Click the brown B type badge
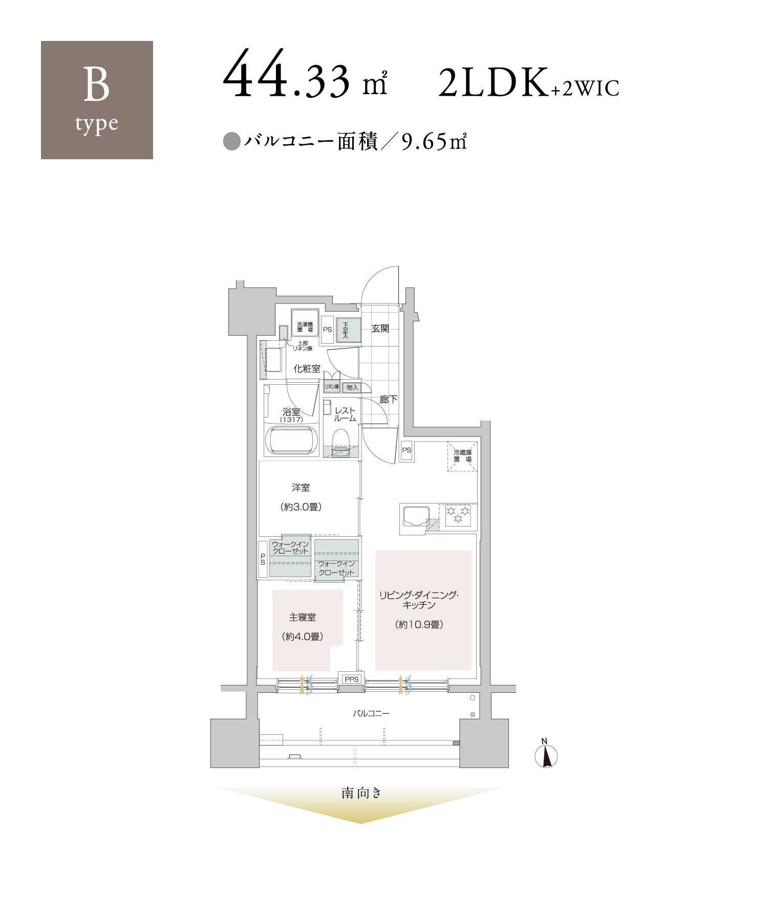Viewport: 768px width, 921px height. pos(97,100)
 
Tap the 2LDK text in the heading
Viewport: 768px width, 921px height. pos(493,82)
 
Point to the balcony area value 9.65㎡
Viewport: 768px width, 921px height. pos(434,142)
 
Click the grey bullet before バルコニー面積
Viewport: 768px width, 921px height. pos(232,142)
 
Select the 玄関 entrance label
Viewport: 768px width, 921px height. pos(380,328)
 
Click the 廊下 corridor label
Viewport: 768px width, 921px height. pos(389,399)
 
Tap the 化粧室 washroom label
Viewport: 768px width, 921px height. pos(307,368)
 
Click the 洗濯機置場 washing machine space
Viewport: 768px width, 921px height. pos(305,323)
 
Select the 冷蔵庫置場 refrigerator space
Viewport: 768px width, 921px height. pos(462,456)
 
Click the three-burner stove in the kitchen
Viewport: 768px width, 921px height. pos(458,516)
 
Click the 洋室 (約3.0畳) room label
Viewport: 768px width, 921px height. pos(301,497)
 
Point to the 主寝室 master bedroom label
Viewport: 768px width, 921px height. pos(303,618)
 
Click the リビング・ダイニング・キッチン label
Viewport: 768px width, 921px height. pos(419,600)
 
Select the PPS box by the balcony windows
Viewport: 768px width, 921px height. pos(352,679)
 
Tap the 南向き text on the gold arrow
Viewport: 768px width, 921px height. pos(361,793)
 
